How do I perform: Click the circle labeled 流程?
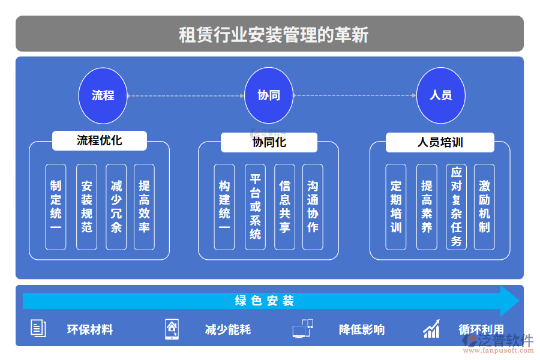coord(103,95)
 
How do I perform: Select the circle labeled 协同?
coord(269,95)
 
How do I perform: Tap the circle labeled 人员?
coord(441,95)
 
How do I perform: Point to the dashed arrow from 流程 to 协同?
coord(186,95)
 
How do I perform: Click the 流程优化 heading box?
coord(100,141)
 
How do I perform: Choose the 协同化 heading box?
coord(269,142)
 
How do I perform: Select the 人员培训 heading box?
coord(440,143)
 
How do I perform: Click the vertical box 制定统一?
coord(56,207)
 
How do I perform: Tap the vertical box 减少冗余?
coord(116,207)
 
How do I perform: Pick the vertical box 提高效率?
coord(144,207)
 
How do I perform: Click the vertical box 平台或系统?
coord(256,207)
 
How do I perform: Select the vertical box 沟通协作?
coord(313,207)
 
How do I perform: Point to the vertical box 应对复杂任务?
coord(457,207)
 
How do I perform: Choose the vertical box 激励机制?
coord(484,207)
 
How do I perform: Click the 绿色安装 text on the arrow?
coord(264,301)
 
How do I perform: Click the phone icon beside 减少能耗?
coord(172,329)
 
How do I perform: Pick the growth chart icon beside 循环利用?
coord(431,329)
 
